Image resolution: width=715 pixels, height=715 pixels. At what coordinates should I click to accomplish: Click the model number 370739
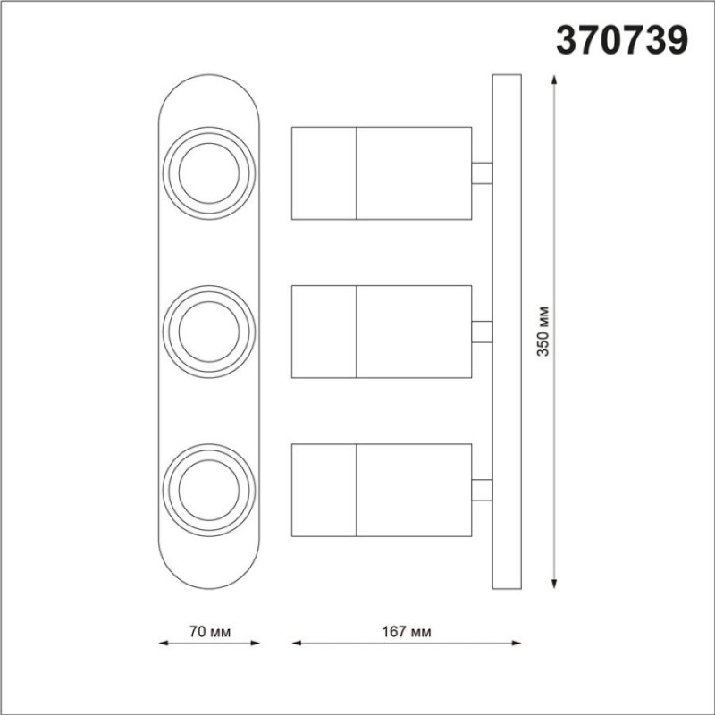pyautogui.click(x=621, y=40)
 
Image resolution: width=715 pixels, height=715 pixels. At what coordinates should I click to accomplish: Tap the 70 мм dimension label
pyautogui.click(x=210, y=632)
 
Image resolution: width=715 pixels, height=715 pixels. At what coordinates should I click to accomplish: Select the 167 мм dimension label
pyautogui.click(x=407, y=632)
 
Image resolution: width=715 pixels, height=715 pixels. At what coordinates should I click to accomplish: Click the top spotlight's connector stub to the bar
pyautogui.click(x=482, y=173)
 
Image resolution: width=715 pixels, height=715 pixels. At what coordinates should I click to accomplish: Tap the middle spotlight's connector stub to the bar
pyautogui.click(x=482, y=332)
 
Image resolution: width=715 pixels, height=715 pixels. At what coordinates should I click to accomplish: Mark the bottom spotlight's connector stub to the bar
pyautogui.click(x=482, y=490)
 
